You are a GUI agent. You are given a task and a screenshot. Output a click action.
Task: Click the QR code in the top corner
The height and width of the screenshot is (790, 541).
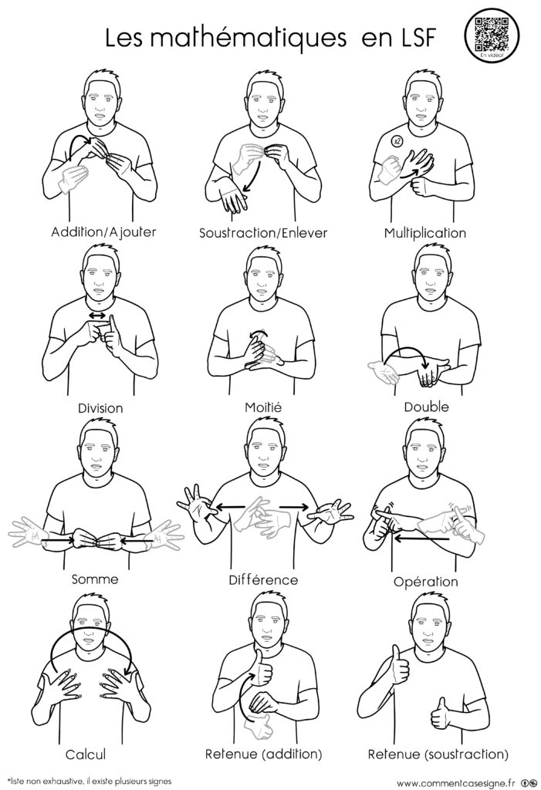491,34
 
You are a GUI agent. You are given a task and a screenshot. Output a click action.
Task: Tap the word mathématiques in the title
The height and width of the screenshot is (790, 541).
248,38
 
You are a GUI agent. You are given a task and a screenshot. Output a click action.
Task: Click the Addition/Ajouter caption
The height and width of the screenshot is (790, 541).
103,232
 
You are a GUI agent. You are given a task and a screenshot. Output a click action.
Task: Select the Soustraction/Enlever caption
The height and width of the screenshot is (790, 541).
263,233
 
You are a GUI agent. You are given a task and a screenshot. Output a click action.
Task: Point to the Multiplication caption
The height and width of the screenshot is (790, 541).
425,233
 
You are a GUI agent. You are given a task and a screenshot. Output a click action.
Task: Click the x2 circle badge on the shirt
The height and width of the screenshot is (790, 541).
397,141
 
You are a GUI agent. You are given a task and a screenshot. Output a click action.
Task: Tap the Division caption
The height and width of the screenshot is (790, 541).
100,407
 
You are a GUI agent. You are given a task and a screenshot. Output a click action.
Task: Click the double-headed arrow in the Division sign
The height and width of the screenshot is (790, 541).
97,316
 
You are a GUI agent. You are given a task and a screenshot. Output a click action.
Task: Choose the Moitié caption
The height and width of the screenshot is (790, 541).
263,407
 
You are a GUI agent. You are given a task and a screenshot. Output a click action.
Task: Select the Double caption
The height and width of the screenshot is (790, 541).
426,407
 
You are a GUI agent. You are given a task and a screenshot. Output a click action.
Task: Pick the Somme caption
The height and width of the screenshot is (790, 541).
95,579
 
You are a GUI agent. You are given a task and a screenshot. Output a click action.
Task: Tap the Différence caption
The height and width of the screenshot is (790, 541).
263,580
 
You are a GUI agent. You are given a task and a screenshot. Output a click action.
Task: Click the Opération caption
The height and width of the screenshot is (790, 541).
425,582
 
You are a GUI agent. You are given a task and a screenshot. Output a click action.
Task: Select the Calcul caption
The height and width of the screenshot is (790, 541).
86,755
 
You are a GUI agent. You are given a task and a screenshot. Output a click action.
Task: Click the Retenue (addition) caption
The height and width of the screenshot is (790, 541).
263,754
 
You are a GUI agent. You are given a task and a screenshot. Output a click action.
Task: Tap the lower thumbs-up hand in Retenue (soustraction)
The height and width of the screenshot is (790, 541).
440,714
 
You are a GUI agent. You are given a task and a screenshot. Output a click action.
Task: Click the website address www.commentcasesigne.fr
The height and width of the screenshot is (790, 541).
456,783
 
